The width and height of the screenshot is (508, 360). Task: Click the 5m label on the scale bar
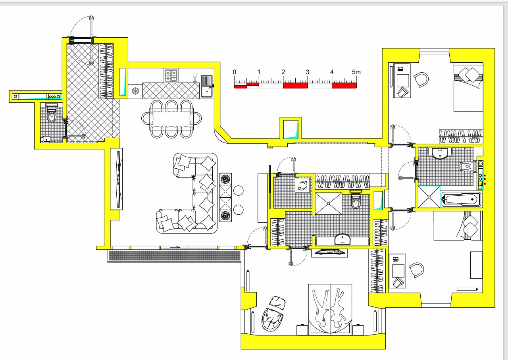coord(356,72)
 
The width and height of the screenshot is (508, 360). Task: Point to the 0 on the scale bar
coord(235,72)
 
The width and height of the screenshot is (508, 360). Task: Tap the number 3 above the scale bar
coord(308,72)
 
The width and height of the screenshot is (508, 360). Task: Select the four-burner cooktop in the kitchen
coord(171,75)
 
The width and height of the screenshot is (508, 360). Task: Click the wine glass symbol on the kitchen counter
coord(195,77)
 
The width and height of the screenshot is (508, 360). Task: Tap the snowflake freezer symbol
coord(135,91)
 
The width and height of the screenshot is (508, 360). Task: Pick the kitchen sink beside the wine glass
coord(207,87)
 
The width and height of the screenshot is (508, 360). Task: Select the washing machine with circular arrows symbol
coord(302,185)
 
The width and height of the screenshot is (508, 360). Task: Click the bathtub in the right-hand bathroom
coord(461,199)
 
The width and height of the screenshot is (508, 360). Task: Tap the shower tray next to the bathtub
coord(429,197)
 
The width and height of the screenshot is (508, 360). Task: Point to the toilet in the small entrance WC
coord(52,113)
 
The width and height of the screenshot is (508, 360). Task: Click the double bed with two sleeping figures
coord(330,309)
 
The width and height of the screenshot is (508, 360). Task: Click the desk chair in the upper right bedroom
coord(421,80)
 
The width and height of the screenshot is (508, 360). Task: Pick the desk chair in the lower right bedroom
coord(417,270)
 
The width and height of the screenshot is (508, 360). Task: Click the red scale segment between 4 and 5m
coord(344,85)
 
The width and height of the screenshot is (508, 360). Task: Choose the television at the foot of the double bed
coord(329,252)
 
